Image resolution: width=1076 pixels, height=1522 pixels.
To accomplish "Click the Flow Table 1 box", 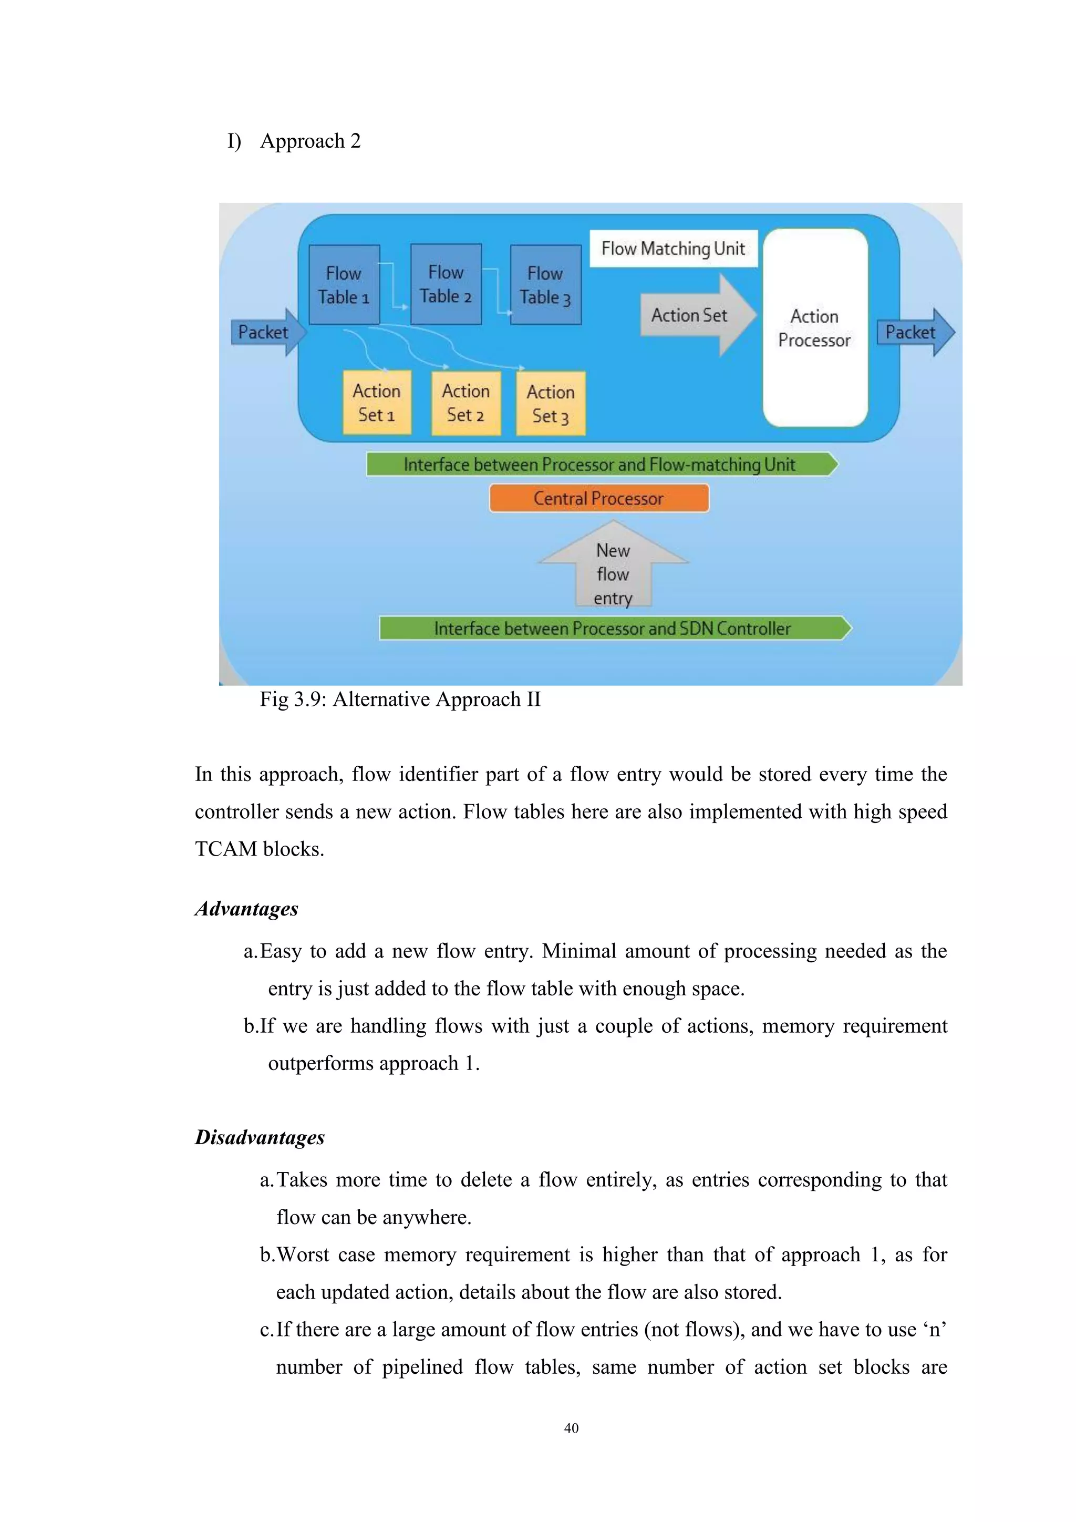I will pos(344,284).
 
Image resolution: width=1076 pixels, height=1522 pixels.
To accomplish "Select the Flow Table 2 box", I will pos(446,284).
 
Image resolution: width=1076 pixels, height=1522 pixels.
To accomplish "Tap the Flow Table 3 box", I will pos(545,284).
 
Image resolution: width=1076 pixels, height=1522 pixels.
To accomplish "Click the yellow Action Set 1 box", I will pos(376,403).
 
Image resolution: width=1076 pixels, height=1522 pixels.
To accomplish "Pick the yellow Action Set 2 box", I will pos(466,403).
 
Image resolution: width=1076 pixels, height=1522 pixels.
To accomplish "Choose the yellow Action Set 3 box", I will pos(551,403).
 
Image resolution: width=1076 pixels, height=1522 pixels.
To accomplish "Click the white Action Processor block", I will pos(814,327).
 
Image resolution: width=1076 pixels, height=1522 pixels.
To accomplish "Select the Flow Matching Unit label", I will pos(672,249).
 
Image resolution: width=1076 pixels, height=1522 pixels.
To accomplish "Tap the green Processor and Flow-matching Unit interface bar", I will pos(599,464).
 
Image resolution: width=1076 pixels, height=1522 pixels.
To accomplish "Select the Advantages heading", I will pos(246,908).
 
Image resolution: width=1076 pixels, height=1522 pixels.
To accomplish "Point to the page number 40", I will pos(571,1428).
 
